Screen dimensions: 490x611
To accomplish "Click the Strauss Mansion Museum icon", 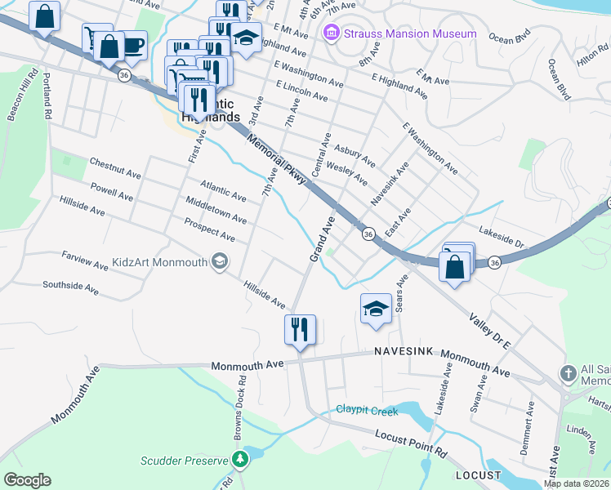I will (x=331, y=33).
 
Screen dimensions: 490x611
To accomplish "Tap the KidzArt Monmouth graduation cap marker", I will (x=219, y=261).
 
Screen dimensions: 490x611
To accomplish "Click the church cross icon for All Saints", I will (x=569, y=374).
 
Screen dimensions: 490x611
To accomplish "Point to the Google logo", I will (x=27, y=479).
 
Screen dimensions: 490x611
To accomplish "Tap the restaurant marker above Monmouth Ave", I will (x=299, y=330).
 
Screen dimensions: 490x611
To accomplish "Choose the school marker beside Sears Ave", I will (x=375, y=309).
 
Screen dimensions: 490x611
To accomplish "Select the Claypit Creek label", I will (x=367, y=410).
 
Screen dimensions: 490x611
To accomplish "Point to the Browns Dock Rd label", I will (x=240, y=413).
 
